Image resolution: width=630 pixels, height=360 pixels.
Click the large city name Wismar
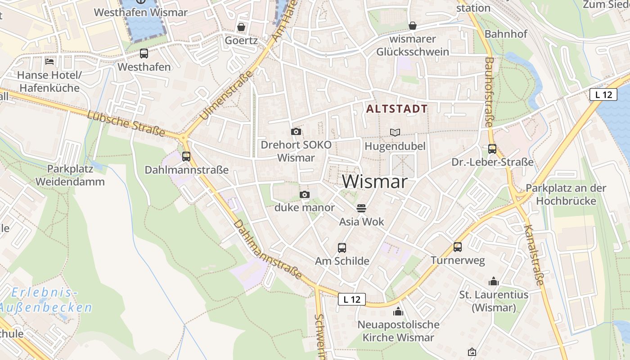tap(375, 181)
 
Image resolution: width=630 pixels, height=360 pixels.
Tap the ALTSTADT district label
tap(396, 108)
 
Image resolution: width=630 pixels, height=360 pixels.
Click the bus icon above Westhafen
tap(144, 54)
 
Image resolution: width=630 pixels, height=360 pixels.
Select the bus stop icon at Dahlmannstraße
tap(186, 157)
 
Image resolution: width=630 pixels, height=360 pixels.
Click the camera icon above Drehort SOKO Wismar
tap(296, 131)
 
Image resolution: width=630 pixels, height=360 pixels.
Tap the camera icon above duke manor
tap(305, 194)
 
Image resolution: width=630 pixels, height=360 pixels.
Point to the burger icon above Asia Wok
tap(361, 208)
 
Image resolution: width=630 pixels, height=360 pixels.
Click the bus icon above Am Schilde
tap(342, 247)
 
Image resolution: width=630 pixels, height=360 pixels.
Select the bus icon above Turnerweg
tap(458, 247)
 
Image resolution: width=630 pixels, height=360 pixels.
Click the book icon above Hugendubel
tap(395, 132)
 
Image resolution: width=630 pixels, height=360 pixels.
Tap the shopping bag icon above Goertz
tap(241, 27)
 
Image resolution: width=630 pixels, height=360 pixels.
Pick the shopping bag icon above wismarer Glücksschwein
tap(412, 26)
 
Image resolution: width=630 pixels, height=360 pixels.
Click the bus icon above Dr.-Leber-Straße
tap(492, 148)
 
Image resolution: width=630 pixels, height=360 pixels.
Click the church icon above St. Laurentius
tap(494, 282)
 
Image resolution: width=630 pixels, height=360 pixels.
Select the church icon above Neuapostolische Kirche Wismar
tap(398, 311)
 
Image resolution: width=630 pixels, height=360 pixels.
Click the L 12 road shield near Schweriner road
tap(351, 299)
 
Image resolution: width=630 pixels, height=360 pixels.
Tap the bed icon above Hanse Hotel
tap(49, 61)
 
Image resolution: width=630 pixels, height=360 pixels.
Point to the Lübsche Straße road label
tap(126, 123)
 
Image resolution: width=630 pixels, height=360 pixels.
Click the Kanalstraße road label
tap(534, 255)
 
